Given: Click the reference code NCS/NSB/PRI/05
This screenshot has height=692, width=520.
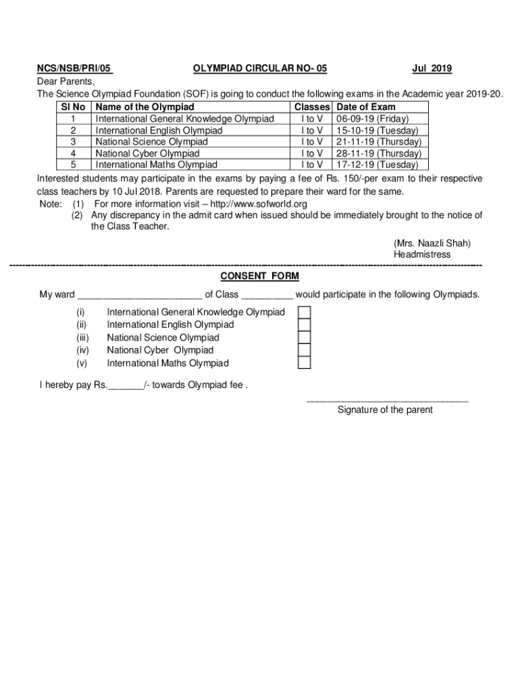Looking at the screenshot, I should (74, 68).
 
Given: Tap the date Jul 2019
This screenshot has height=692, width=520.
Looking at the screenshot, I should (432, 68).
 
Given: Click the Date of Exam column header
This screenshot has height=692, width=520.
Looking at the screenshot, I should (365, 107).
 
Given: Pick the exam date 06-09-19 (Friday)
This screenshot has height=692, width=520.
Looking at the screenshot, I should (372, 119).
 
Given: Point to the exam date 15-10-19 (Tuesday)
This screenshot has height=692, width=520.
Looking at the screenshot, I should (377, 130).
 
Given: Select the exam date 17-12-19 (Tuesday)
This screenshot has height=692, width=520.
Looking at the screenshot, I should (377, 164).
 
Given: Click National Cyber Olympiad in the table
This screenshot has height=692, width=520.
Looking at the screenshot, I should (147, 153).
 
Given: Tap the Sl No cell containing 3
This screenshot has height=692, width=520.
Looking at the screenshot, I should (72, 142).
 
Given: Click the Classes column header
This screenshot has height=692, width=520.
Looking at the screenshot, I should (312, 107).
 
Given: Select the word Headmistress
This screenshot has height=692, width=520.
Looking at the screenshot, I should (422, 255).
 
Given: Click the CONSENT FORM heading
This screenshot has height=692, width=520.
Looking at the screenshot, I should (260, 276).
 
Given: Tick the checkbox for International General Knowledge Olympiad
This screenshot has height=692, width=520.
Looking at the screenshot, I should (305, 312).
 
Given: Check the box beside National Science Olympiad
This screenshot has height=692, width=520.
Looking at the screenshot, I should (305, 337).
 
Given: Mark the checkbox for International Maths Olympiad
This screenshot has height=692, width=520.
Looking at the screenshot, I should (305, 363).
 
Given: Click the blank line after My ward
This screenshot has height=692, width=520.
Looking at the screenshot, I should (140, 295).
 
